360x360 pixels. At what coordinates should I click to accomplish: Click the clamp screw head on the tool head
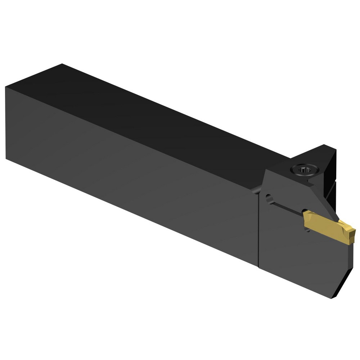(x=304, y=168)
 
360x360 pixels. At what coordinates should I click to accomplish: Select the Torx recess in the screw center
(x=304, y=168)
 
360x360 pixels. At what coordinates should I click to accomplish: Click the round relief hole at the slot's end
(x=269, y=198)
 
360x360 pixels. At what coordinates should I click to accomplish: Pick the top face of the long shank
(x=144, y=119)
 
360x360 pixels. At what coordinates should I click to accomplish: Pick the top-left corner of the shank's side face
(x=6, y=87)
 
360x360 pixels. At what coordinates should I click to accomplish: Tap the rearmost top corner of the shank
(x=62, y=64)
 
